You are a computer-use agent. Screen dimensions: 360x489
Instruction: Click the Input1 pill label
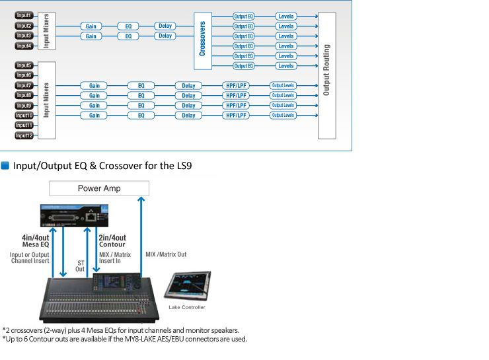tap(24, 15)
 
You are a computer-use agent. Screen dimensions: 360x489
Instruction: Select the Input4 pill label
tap(24, 46)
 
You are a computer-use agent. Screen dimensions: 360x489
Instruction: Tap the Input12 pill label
tap(24, 135)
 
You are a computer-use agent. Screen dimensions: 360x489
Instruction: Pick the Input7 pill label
tap(24, 85)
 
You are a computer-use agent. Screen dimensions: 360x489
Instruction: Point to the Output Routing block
tap(326, 74)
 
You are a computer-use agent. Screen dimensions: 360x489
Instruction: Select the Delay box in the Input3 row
tap(165, 36)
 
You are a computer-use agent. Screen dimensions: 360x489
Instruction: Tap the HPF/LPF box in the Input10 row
tap(237, 115)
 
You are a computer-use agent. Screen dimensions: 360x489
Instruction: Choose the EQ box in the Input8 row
tap(141, 95)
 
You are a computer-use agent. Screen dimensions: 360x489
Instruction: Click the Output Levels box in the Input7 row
tap(283, 85)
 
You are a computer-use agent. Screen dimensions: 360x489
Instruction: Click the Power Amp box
tap(99, 188)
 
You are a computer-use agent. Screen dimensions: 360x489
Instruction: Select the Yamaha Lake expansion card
tap(73, 216)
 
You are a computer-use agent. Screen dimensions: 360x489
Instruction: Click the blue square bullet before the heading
tap(5, 165)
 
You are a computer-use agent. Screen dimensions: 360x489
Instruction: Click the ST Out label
tap(80, 266)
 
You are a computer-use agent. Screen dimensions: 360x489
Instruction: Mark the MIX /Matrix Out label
tap(165, 254)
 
